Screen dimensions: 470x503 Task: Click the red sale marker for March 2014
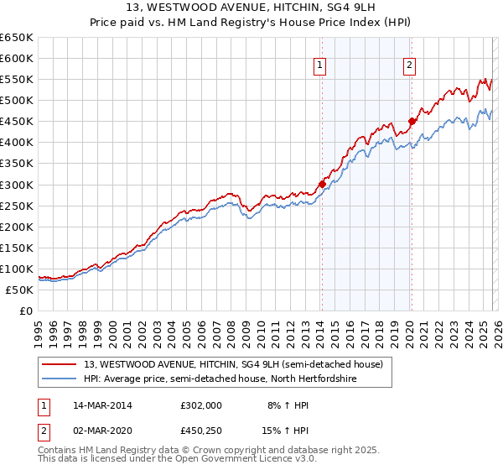click(x=322, y=184)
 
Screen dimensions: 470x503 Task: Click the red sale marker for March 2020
click(x=412, y=121)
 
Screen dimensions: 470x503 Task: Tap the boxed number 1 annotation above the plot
click(x=321, y=65)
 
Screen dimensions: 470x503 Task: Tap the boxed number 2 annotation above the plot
click(x=410, y=65)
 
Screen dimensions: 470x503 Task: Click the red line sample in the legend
click(x=60, y=364)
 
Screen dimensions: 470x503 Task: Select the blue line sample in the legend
click(x=60, y=379)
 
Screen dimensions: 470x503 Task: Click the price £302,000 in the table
click(x=201, y=405)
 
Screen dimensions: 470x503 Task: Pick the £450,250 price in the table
click(x=201, y=430)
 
